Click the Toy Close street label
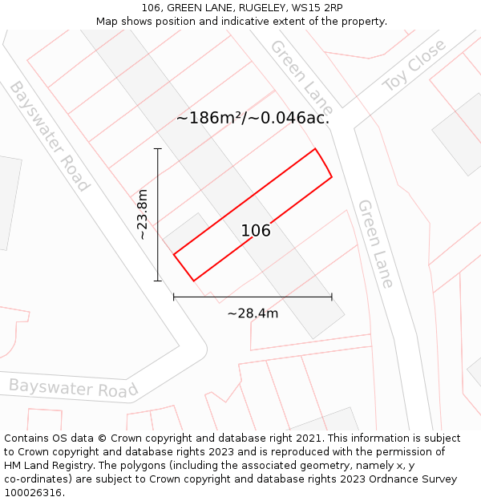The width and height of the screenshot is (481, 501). click(414, 66)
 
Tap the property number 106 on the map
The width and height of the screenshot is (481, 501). click(256, 231)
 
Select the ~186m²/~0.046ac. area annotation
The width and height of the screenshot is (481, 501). click(253, 118)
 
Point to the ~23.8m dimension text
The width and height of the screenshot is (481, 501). click(142, 215)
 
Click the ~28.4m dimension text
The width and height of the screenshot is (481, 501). click(253, 313)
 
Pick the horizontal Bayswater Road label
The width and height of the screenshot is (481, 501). click(74, 388)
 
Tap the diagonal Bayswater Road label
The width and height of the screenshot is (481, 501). click(49, 136)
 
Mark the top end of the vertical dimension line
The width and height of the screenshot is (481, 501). click(158, 149)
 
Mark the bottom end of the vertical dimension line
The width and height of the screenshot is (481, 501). click(158, 281)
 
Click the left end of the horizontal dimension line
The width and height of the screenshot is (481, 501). click(174, 297)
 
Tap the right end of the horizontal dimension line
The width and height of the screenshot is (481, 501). click(332, 297)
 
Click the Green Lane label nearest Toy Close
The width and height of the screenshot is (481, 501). click(301, 76)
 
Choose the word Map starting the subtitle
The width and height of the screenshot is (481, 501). click(107, 22)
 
